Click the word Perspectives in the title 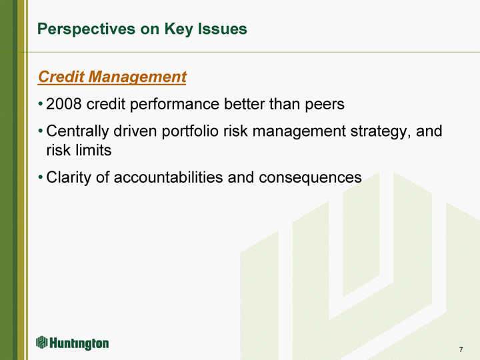pos(86,30)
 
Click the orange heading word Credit pos(61,76)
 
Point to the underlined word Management pos(137,77)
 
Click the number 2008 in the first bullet pos(64,104)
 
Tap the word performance pos(175,105)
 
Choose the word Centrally pos(77,131)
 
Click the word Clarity pos(69,178)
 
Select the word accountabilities pos(168,177)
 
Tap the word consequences pos(310,178)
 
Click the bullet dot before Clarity pos(41,177)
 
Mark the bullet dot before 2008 pos(41,104)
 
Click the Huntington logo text pos(79,343)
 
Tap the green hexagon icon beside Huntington pos(42,342)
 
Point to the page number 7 pos(461,349)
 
